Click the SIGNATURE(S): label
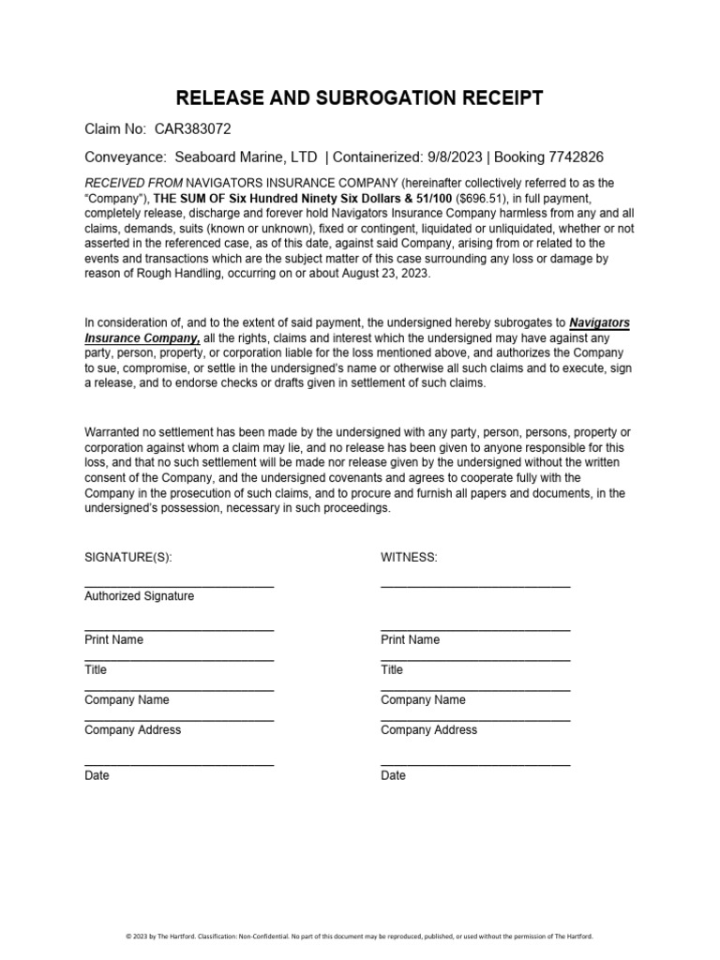(128, 556)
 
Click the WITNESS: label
(409, 556)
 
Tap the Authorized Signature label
(140, 595)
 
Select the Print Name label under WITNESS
(410, 639)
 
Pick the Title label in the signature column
(96, 669)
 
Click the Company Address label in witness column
(428, 729)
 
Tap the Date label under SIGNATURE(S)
(97, 775)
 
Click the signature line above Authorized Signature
(179, 586)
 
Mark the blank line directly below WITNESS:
(475, 586)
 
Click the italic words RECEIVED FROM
(132, 183)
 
